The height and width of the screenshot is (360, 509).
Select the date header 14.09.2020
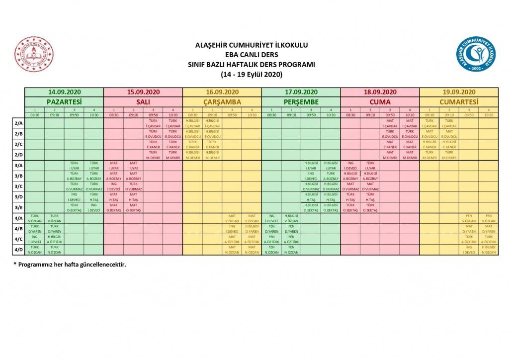coord(64,92)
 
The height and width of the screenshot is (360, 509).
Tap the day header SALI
coord(143,101)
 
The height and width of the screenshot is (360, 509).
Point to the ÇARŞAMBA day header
coord(222,101)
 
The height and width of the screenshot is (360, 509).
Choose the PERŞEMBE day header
coord(301,101)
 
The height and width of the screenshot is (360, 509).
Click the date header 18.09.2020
coord(380,92)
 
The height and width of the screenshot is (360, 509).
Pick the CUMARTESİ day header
coord(458,101)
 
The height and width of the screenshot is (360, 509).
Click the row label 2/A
coord(19,122)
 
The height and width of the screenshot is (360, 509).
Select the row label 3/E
coord(19,207)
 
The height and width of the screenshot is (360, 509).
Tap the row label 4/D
coord(19,250)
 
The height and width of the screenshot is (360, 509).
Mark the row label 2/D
coord(19,154)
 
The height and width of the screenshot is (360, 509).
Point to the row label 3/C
coord(19,186)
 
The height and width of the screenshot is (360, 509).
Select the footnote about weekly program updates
coord(70,264)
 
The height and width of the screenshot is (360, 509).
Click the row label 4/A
coord(19,218)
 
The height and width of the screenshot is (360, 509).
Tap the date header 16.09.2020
coord(222,92)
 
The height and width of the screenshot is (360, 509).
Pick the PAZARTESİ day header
coord(64,101)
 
